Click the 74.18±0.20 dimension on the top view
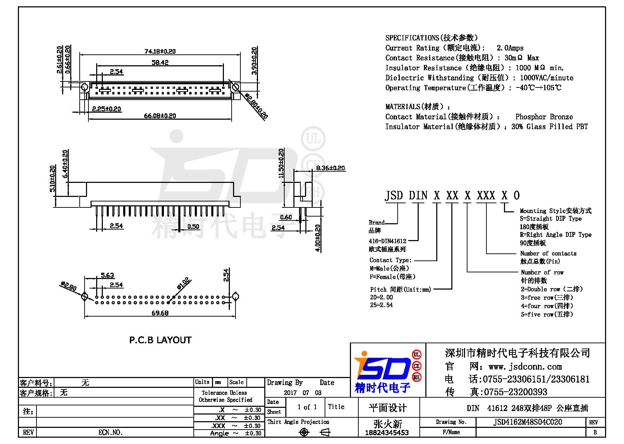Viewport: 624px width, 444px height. click(160, 51)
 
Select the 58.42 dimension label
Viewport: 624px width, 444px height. click(160, 62)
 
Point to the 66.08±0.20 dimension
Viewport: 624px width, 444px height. click(160, 116)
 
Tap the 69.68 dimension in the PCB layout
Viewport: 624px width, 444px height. click(160, 313)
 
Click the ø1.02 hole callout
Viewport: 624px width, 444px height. click(184, 283)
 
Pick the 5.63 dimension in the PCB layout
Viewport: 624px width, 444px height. click(107, 275)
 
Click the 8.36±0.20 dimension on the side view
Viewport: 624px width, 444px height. click(331, 168)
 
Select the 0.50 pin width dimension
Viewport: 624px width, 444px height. click(193, 226)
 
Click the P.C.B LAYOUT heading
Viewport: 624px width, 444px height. click(160, 340)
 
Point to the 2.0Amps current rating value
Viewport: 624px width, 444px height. click(510, 48)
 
